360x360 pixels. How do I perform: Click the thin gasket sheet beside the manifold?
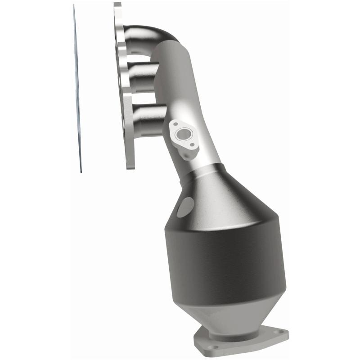tap(77, 90)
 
